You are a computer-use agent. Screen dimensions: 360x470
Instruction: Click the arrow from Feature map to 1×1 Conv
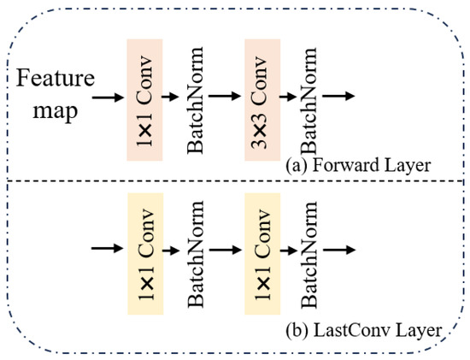[x=107, y=97]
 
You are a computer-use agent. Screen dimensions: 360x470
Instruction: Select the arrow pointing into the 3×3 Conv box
[x=226, y=97]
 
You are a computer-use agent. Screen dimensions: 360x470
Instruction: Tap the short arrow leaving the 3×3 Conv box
[x=291, y=97]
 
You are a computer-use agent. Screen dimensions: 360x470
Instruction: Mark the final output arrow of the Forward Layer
[x=344, y=97]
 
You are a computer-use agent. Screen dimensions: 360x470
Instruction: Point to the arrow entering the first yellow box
[x=107, y=251]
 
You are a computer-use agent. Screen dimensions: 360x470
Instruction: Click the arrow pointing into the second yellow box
[x=226, y=251]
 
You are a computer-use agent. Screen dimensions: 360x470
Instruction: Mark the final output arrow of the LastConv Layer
[x=344, y=251]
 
